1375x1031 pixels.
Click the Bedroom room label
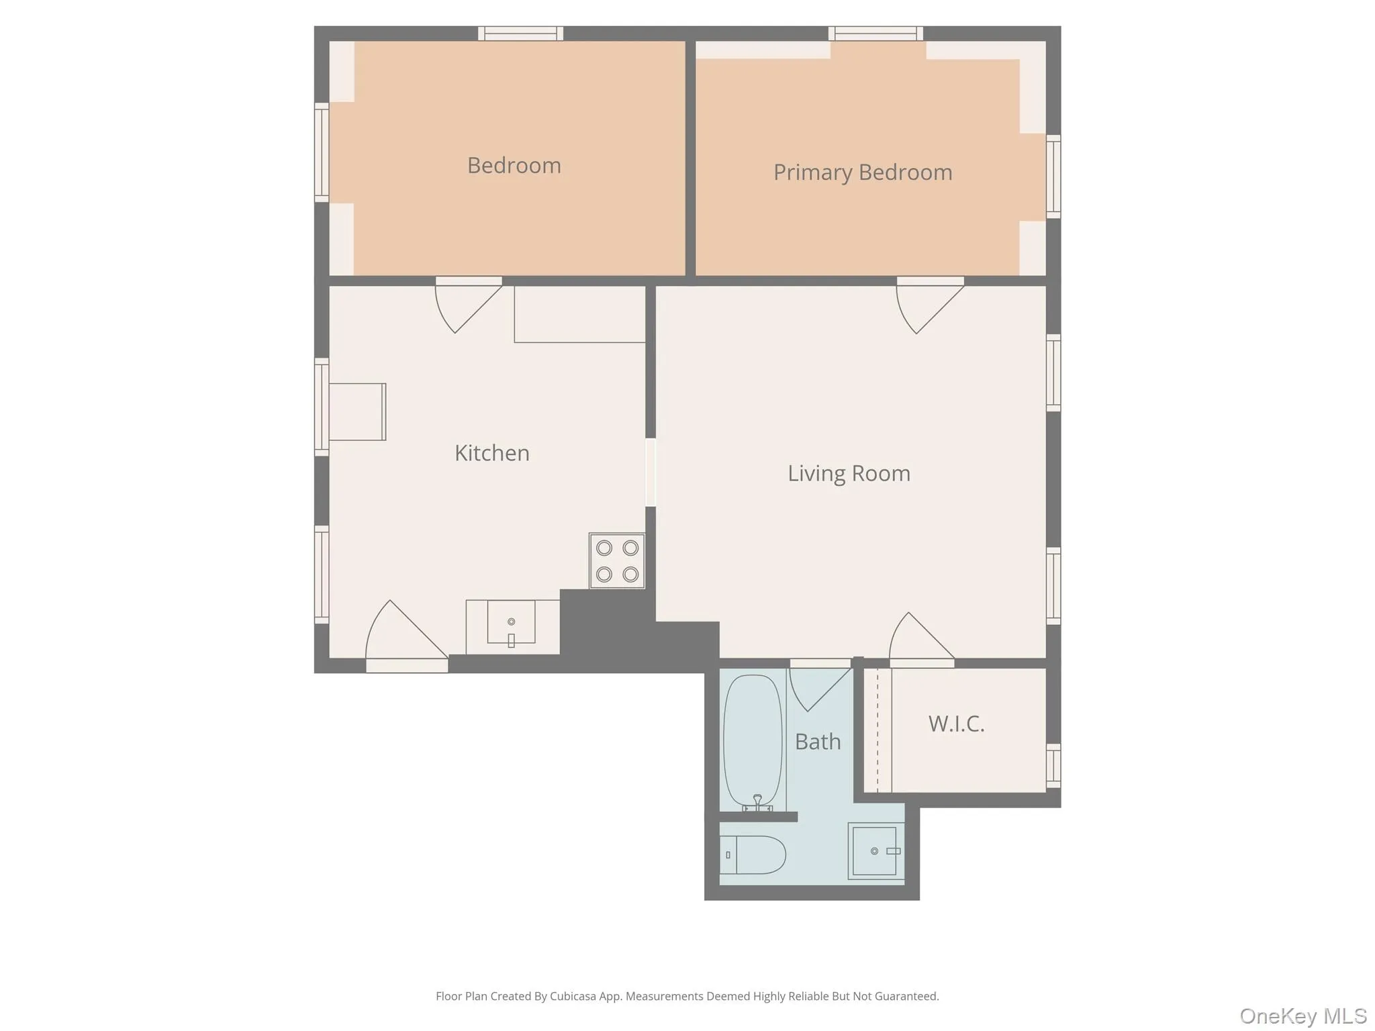coord(514,165)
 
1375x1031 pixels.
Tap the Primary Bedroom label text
coord(862,173)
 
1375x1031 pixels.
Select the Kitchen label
coord(491,453)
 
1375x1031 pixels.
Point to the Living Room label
coord(849,473)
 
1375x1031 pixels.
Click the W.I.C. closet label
coord(956,724)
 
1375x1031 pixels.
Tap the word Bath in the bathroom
coord(817,742)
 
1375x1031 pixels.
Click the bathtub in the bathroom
coord(753,738)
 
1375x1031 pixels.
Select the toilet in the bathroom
coord(755,855)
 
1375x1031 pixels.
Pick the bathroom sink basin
coord(873,851)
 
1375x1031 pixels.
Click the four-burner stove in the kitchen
coord(617,560)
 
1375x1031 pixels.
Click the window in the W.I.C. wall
coord(1053,765)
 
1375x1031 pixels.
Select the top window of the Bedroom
coord(520,33)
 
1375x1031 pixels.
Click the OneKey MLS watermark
coord(1302,1016)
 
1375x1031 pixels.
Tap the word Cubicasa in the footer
coord(573,996)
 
